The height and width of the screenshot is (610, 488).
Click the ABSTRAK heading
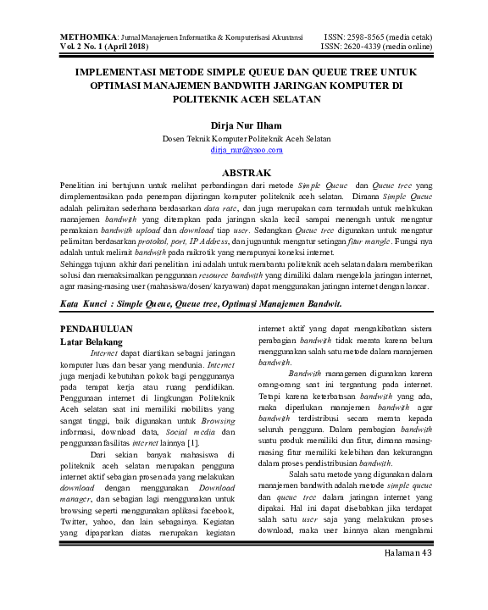[245, 171]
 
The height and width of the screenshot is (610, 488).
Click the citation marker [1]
[192, 441]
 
